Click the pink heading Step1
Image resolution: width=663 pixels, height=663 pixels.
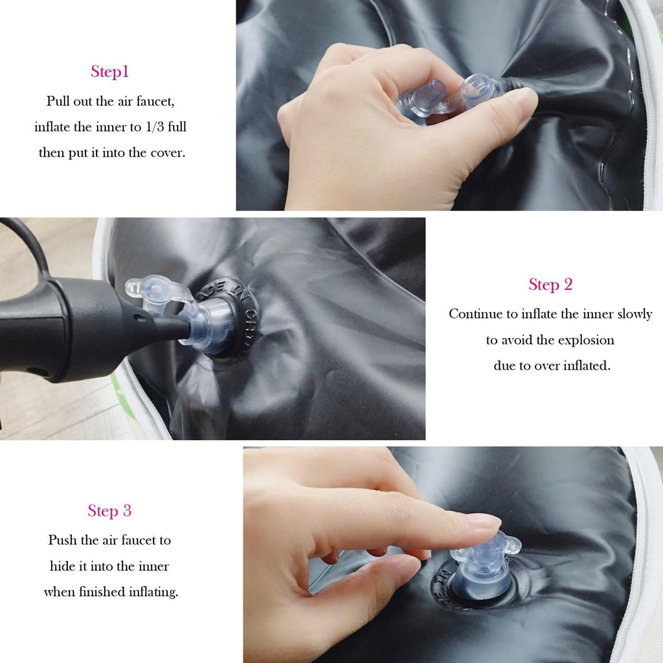click(109, 71)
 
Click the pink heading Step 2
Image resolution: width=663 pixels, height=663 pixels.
click(550, 285)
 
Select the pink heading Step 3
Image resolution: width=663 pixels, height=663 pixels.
click(109, 511)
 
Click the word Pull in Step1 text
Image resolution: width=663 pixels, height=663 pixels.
click(58, 101)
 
